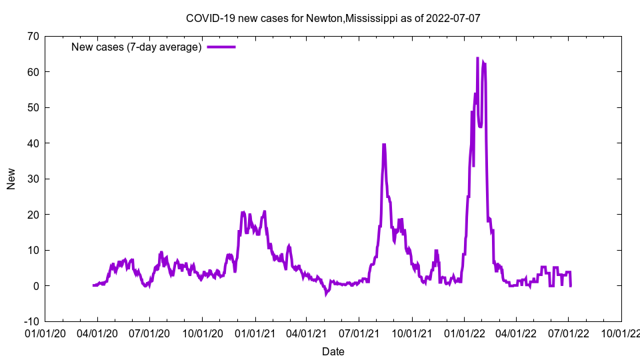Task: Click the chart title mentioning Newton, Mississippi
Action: (x=333, y=18)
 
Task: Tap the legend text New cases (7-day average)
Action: (x=137, y=47)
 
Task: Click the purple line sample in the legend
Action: (x=221, y=47)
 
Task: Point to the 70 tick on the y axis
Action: (x=33, y=36)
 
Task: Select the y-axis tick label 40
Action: (x=33, y=143)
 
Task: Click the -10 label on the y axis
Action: (x=31, y=321)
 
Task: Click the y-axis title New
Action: (x=11, y=179)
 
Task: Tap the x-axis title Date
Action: (x=333, y=351)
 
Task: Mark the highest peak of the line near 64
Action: (x=477, y=58)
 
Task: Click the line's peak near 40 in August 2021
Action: (x=384, y=144)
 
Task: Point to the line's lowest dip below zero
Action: (x=326, y=293)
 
